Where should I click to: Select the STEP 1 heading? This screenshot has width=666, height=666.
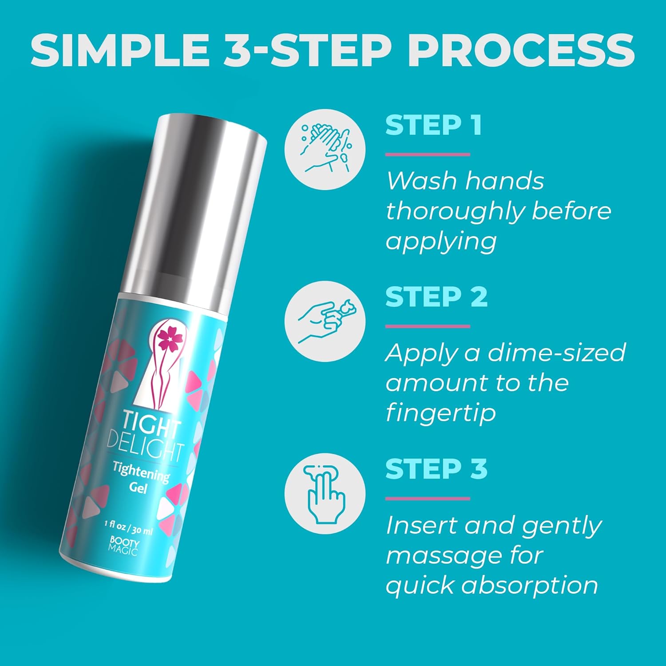(x=434, y=125)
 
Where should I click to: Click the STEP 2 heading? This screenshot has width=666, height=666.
(x=436, y=297)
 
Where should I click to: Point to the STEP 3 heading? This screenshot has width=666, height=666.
(x=436, y=468)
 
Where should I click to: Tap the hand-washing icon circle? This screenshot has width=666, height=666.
(x=325, y=149)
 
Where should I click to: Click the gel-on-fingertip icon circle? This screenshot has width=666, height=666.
(x=325, y=321)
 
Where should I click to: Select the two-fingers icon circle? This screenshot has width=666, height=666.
(x=325, y=493)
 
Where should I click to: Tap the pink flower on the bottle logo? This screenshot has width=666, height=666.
(x=168, y=340)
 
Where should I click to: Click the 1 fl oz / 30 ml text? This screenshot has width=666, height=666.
(x=128, y=528)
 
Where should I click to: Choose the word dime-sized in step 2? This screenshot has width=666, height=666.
(x=557, y=353)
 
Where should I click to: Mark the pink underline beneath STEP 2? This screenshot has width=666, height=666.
(x=428, y=326)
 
